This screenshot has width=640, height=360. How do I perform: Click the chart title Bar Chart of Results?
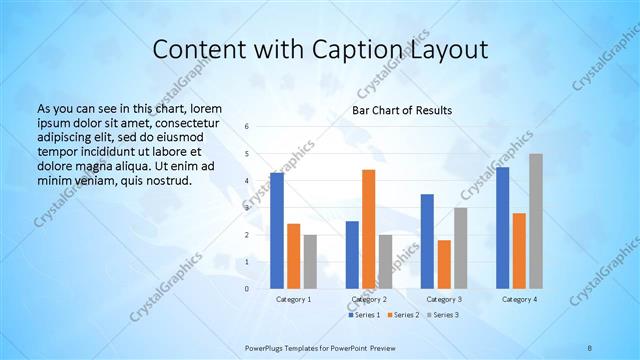click(401, 110)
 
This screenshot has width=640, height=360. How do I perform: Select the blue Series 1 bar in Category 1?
click(277, 230)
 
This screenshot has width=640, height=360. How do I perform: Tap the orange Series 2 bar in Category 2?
click(368, 229)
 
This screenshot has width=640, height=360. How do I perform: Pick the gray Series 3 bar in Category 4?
click(536, 221)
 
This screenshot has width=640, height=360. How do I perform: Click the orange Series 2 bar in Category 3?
click(444, 264)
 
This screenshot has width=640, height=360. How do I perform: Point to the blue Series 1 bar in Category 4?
click(502, 227)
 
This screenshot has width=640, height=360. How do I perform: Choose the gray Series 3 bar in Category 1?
click(310, 261)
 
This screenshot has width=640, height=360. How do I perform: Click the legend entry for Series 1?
click(365, 315)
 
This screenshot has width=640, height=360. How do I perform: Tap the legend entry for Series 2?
click(402, 315)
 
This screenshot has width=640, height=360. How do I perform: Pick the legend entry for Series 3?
click(440, 315)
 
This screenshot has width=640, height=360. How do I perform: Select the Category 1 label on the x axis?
click(294, 299)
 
